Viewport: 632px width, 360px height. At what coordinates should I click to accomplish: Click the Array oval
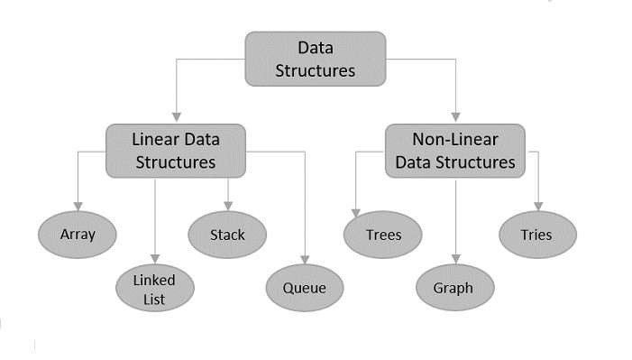coord(78,235)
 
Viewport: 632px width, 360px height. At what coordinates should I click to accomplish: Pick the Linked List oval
coord(154,288)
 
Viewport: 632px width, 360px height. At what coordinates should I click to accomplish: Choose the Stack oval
coord(227,235)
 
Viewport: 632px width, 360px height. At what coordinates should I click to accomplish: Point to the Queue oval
coord(304,289)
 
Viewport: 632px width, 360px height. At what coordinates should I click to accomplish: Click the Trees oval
coord(383,235)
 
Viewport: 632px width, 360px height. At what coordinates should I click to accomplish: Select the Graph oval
coord(456,289)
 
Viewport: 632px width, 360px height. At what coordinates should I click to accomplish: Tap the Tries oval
coord(537,235)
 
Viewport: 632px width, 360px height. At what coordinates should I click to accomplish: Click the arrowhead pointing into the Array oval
coord(78,207)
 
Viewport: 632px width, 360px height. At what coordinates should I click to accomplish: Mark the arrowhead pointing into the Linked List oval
coord(154,259)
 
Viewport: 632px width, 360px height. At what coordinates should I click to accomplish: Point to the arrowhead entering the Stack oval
coord(227,206)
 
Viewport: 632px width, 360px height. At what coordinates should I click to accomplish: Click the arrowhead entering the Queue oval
coord(305,260)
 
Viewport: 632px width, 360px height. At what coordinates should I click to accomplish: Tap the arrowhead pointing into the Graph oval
coord(456,260)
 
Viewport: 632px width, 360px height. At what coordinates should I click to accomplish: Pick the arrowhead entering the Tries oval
coord(538,207)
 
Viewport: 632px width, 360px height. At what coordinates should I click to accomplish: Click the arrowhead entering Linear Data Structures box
coord(177,116)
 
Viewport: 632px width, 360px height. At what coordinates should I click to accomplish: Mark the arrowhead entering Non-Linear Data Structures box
coord(456,116)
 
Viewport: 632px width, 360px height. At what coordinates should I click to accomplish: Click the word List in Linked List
coord(154,300)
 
